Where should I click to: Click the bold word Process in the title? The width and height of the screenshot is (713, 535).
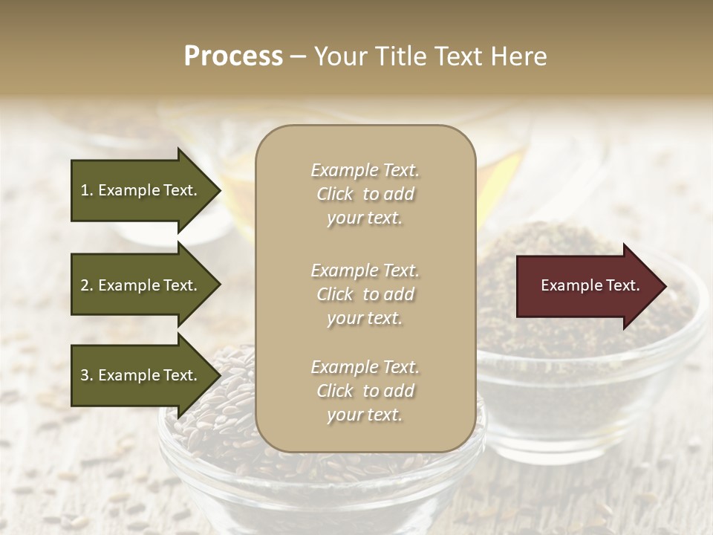(233, 56)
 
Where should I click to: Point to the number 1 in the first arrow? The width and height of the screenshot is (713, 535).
(85, 190)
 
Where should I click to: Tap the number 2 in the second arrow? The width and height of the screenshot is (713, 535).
(85, 285)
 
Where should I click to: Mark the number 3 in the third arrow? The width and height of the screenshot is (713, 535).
(85, 375)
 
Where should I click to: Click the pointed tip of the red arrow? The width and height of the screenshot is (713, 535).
(665, 286)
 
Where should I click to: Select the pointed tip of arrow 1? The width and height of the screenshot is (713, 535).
(219, 191)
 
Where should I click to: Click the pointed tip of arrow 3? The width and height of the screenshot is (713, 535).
(219, 375)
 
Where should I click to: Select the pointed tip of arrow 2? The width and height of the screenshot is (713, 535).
(219, 285)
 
